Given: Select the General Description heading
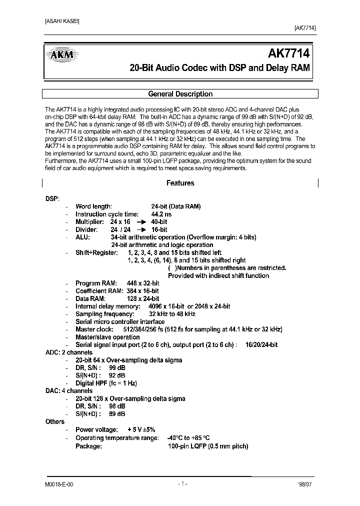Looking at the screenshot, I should (x=180, y=94).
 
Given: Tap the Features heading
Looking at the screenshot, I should (x=180, y=183).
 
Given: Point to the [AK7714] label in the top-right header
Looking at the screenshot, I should (x=302, y=28).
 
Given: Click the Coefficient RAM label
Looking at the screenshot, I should (x=99, y=291).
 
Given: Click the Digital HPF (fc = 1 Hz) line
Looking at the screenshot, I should (x=106, y=383).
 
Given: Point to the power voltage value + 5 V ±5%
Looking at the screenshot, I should (x=141, y=429).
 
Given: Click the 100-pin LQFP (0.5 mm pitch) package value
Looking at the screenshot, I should (x=208, y=446).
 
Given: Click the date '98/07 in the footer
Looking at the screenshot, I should (x=305, y=484).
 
